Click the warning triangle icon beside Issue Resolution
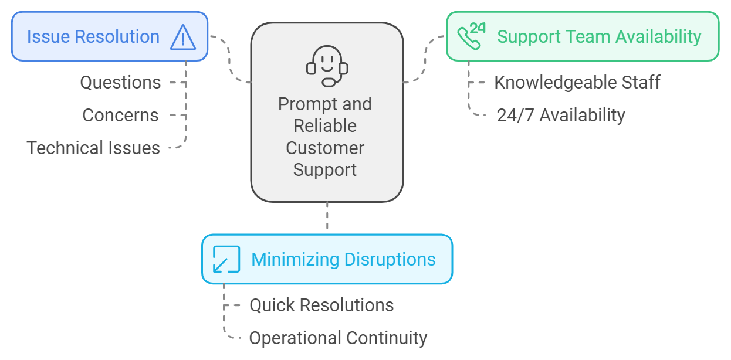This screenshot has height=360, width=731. click(x=182, y=37)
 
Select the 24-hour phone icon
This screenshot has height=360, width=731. click(x=471, y=36)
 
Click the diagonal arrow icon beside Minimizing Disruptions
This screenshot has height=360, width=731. click(x=226, y=259)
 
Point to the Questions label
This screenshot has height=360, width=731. click(x=120, y=83)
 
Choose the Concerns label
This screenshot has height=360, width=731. click(x=120, y=115)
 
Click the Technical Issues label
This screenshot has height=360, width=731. click(x=93, y=148)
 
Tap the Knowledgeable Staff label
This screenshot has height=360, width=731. click(x=577, y=82)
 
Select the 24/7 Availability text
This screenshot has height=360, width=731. click(x=561, y=115)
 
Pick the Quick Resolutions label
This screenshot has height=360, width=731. click(x=321, y=305)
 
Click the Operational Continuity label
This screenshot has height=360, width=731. click(x=338, y=338)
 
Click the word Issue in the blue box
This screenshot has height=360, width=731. click(x=45, y=37)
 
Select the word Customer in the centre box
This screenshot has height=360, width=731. click(x=325, y=148)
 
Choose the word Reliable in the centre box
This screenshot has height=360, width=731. click(x=325, y=126)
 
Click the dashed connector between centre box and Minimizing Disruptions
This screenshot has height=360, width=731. click(x=327, y=218)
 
